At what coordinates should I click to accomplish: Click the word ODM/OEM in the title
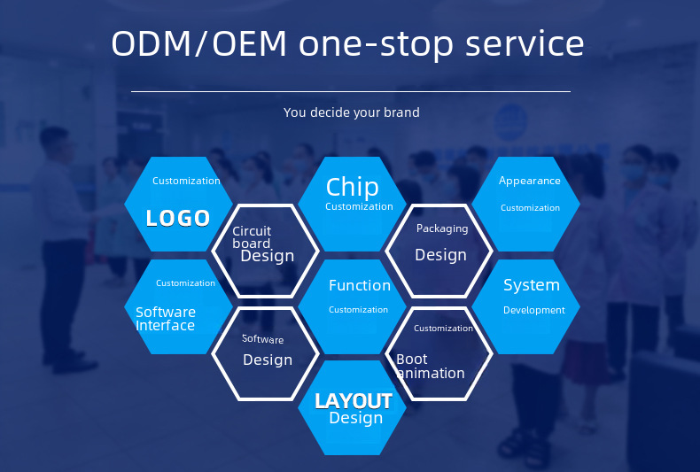pos(198,43)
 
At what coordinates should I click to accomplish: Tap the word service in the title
pos(525,43)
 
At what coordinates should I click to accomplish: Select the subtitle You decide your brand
pos(352,112)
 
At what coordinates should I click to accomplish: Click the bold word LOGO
pos(178,218)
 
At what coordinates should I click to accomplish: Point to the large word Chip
pos(353,188)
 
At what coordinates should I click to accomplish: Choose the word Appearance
pos(530,181)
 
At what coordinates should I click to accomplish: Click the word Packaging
pos(442,228)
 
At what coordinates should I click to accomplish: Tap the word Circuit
pos(252,231)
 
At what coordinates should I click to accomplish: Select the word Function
pos(360,285)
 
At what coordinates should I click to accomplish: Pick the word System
pos(532,285)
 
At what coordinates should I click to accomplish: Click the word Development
pos(534,310)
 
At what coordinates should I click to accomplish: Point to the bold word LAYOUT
pos(354,401)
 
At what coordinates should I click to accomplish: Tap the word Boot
pos(412,360)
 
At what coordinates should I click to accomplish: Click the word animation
pos(431,373)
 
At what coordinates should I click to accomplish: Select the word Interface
pos(165,325)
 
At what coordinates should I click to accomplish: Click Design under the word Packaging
pos(440,255)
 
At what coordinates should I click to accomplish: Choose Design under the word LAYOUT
pos(356,418)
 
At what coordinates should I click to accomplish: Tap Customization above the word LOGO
pos(186,181)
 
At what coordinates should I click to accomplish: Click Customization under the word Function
pos(358,310)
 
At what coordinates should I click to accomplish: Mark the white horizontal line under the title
pos(351,91)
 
